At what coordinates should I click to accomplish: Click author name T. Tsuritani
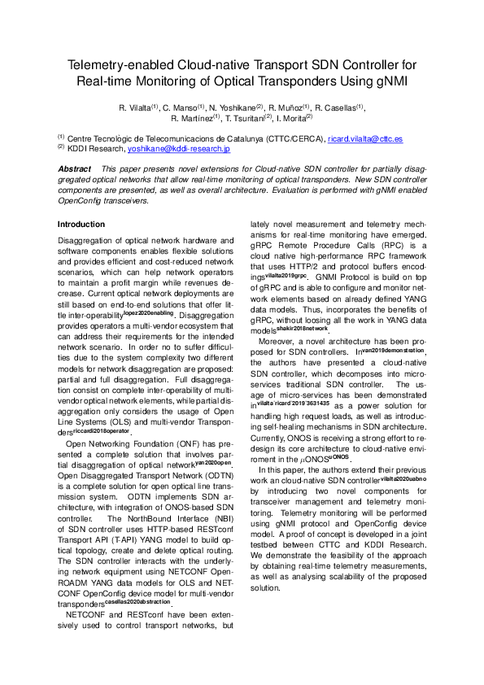pyautogui.click(x=247, y=118)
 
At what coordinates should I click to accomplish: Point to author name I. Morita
pyautogui.click(x=295, y=118)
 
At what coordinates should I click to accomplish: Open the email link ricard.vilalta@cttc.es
pyautogui.click(x=342, y=139)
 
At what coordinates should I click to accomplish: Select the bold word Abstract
pyautogui.click(x=76, y=168)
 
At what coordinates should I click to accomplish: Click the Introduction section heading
pyautogui.click(x=81, y=224)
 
